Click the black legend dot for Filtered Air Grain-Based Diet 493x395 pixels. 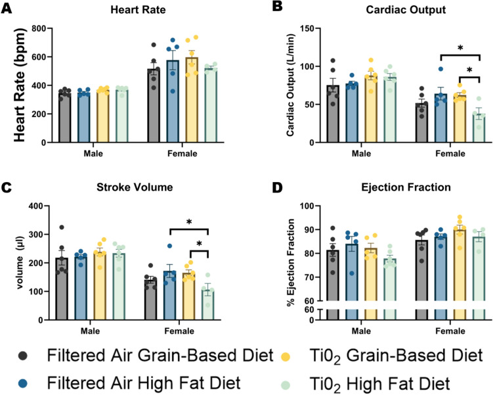pos(24,356)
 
